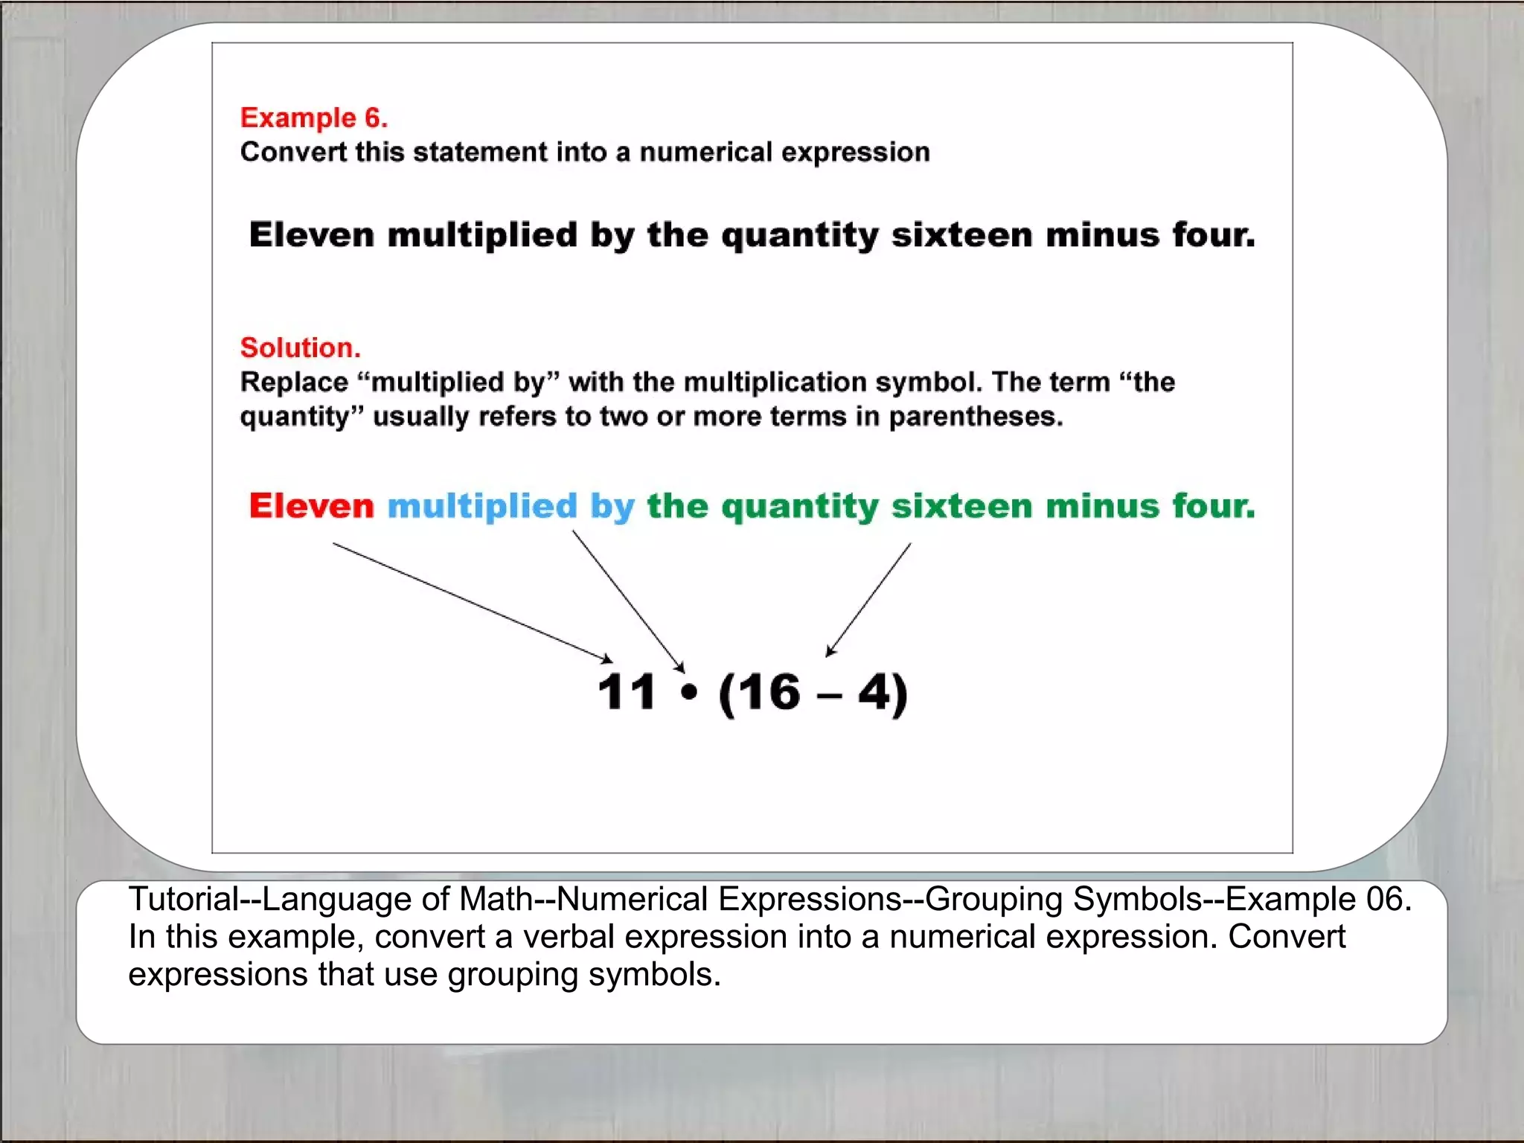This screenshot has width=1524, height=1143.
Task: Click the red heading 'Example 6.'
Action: point(313,118)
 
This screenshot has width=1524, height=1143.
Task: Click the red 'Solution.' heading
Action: point(300,348)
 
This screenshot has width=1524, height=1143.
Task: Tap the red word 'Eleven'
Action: point(311,506)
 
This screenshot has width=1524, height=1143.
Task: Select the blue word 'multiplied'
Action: point(481,506)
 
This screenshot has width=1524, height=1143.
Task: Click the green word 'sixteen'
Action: point(962,506)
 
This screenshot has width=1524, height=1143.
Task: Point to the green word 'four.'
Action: point(1214,506)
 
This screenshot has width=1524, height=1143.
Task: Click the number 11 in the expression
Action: point(626,692)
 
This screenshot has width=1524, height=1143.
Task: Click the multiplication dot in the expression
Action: point(689,693)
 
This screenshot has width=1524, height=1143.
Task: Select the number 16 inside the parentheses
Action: point(769,693)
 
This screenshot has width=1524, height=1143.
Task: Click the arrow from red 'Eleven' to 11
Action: point(472,602)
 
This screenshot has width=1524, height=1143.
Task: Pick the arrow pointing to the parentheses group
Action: point(868,600)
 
